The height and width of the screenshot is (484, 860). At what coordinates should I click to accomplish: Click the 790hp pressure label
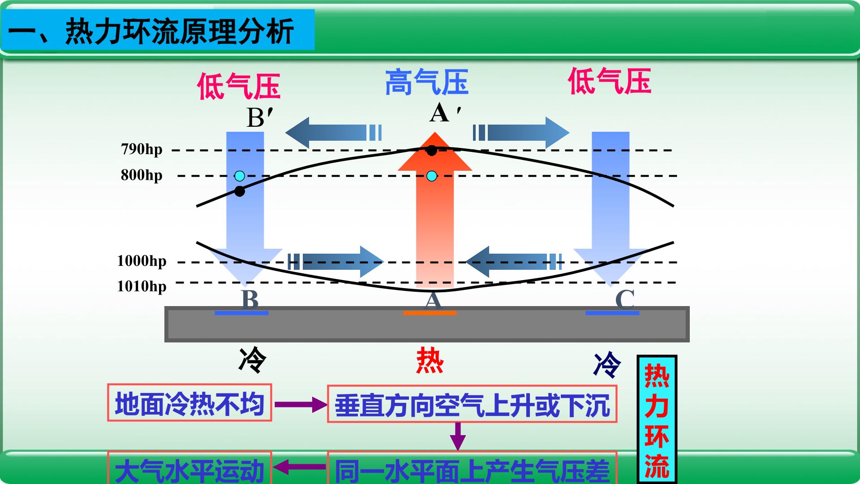[x=142, y=149]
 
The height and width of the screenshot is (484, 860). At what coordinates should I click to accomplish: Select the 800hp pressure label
[x=142, y=175]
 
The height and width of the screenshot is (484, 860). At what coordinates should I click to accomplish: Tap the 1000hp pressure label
[x=142, y=261]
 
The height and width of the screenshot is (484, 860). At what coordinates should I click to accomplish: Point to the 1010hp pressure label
[x=142, y=286]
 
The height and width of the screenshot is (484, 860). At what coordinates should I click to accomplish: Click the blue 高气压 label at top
[x=427, y=82]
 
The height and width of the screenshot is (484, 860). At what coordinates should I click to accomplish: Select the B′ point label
[x=260, y=118]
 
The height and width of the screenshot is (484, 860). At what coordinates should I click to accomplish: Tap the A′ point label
[x=445, y=113]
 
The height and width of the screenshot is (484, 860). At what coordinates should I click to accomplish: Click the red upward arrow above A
[x=435, y=210]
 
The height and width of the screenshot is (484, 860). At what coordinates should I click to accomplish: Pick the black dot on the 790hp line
[x=431, y=150]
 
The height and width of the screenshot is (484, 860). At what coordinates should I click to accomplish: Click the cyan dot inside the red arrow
[x=432, y=176]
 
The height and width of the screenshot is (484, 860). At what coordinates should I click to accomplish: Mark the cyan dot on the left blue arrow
[x=240, y=175]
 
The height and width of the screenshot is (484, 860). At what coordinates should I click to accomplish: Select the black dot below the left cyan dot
[x=240, y=191]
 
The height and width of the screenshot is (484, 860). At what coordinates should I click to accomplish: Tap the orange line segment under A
[x=430, y=313]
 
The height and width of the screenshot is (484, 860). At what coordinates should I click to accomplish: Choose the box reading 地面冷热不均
[x=189, y=402]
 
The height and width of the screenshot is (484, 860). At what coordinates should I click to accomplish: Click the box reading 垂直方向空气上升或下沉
[x=472, y=404]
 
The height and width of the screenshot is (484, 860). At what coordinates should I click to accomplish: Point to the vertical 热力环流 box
[x=657, y=419]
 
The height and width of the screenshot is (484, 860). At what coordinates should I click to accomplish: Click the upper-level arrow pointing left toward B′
[x=334, y=133]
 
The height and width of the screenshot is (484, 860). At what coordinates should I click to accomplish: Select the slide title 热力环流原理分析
[x=179, y=31]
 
